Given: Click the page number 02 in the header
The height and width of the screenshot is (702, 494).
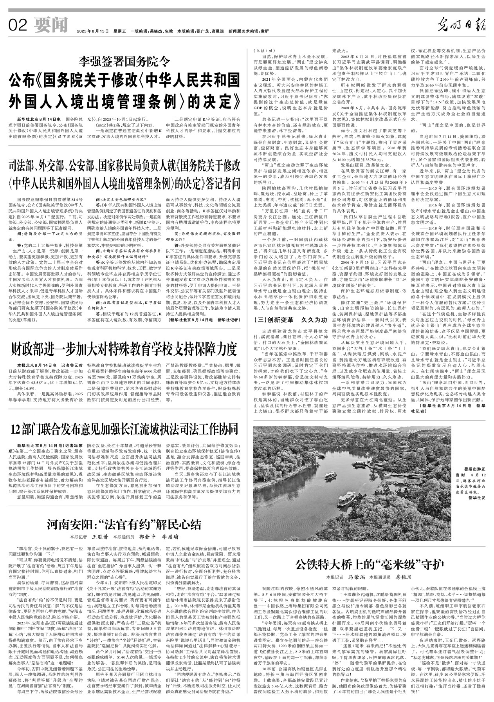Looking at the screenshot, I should pos(17,26).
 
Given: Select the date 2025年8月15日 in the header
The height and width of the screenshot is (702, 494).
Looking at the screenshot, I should pos(92,31).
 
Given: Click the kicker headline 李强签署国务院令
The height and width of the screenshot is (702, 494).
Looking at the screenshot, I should pos(124,61).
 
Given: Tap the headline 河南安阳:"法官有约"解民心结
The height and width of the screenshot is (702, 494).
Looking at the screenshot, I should pos(124,524).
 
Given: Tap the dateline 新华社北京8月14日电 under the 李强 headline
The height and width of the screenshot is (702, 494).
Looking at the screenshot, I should pos(38,118).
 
